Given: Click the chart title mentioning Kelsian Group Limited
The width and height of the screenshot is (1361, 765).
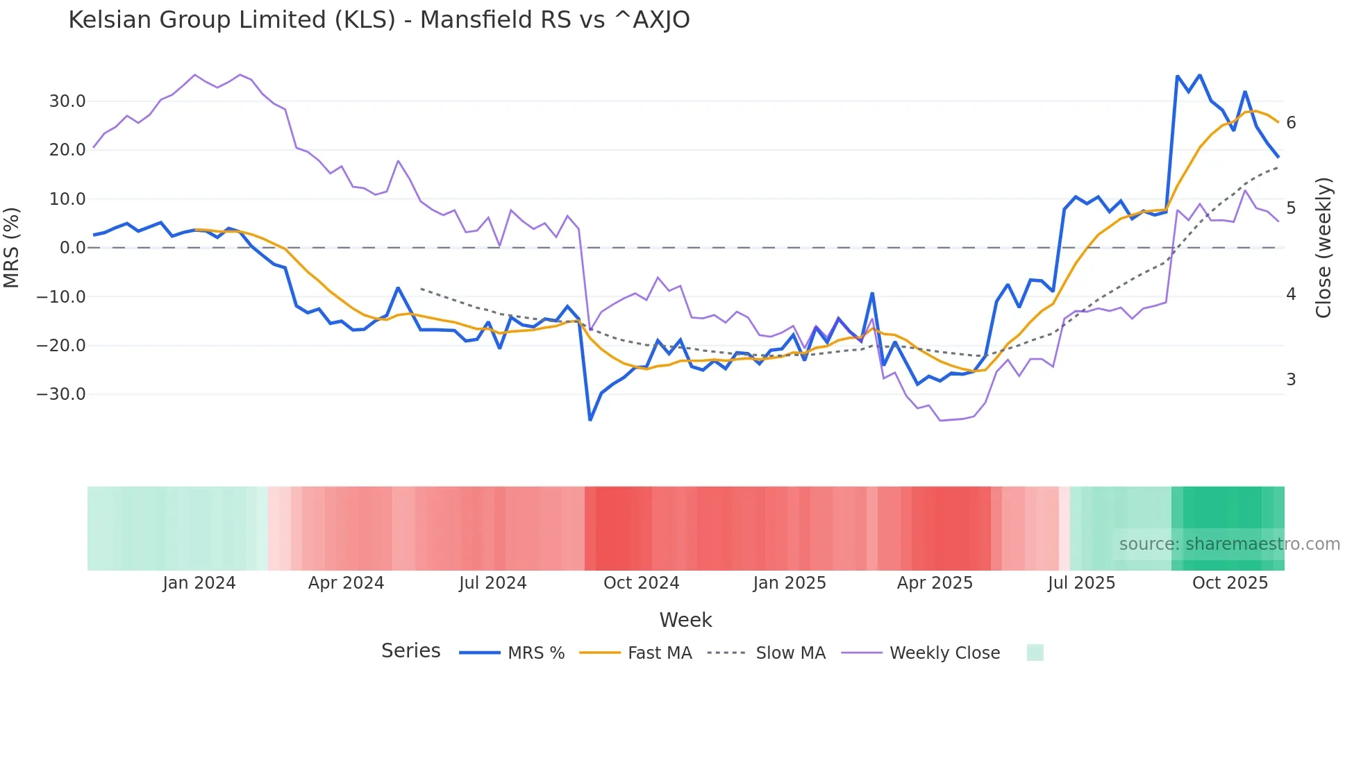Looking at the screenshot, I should coord(379,20).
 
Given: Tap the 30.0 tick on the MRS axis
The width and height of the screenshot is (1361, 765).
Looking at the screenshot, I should coord(67,101).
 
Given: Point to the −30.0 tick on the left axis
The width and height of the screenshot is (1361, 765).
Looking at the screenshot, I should coord(61,394).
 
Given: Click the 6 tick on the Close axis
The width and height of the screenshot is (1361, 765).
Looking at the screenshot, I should coord(1291,123).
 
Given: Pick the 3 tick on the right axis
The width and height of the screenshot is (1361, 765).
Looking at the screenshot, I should coord(1291,380).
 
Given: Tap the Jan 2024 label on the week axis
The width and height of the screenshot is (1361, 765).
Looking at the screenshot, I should coord(199,583).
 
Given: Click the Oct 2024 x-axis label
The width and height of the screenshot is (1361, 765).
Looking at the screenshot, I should coord(641,583).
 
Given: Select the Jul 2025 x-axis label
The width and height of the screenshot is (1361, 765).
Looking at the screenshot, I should coord(1081,583).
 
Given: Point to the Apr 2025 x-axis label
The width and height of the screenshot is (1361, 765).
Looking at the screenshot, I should coord(935,583).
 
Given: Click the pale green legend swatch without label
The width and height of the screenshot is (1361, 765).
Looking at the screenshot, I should coord(1035,653).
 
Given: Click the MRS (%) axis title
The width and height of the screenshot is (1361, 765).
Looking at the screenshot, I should coord(12,248).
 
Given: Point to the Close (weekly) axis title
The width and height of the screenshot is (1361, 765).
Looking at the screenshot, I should coord(1324,248).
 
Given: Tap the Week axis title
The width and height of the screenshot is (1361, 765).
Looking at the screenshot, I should coord(685,620).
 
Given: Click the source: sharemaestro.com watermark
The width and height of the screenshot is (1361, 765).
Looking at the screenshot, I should coord(1229,544).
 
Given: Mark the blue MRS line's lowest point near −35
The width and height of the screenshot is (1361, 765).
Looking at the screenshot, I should coord(590,419).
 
